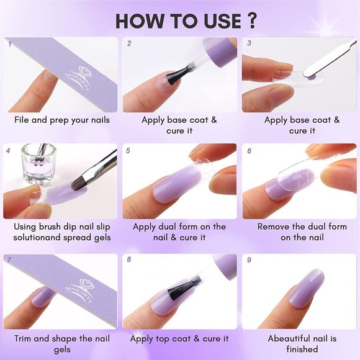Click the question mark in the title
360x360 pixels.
click(x=250, y=20)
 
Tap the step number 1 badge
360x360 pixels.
click(x=9, y=43)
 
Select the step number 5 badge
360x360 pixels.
click(x=129, y=150)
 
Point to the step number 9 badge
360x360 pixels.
click(x=249, y=258)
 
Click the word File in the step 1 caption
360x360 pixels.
click(x=22, y=120)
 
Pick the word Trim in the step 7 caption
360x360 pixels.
click(x=24, y=338)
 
